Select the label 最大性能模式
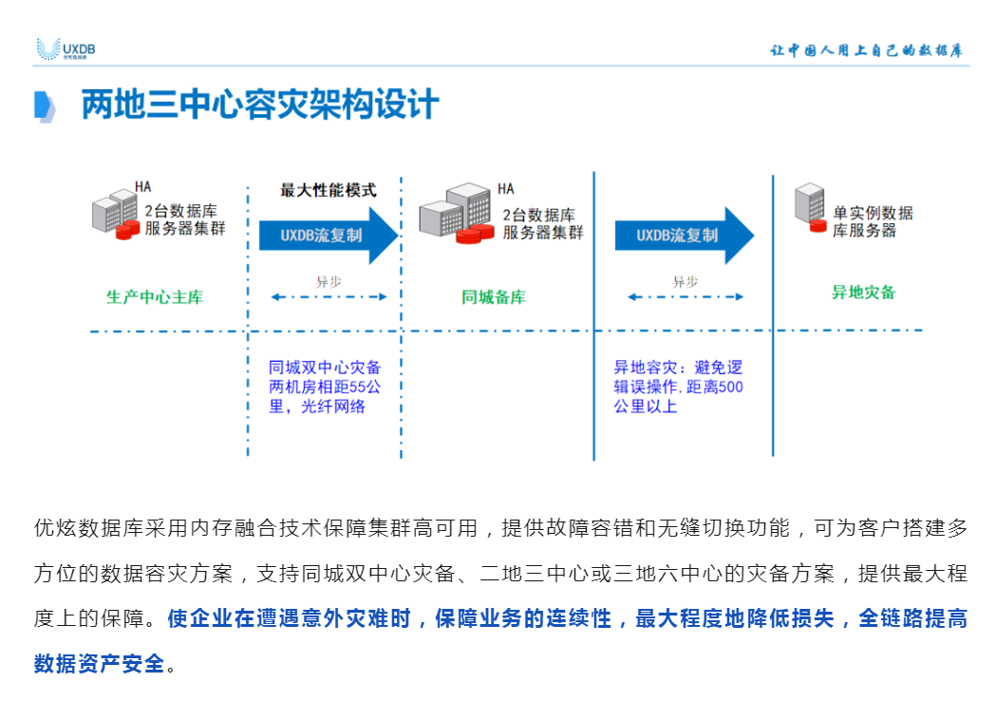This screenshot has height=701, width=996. click(328, 190)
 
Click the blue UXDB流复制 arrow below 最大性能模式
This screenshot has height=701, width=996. click(329, 235)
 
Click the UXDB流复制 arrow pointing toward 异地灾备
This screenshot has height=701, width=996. click(684, 235)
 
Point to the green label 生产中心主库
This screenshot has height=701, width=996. click(155, 296)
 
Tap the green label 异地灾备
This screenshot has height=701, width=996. click(864, 293)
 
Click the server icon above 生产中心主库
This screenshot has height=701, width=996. click(115, 215)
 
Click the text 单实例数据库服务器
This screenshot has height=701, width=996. click(873, 221)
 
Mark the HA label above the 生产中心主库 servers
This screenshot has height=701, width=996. click(143, 186)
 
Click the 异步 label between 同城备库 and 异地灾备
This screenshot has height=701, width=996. click(685, 281)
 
